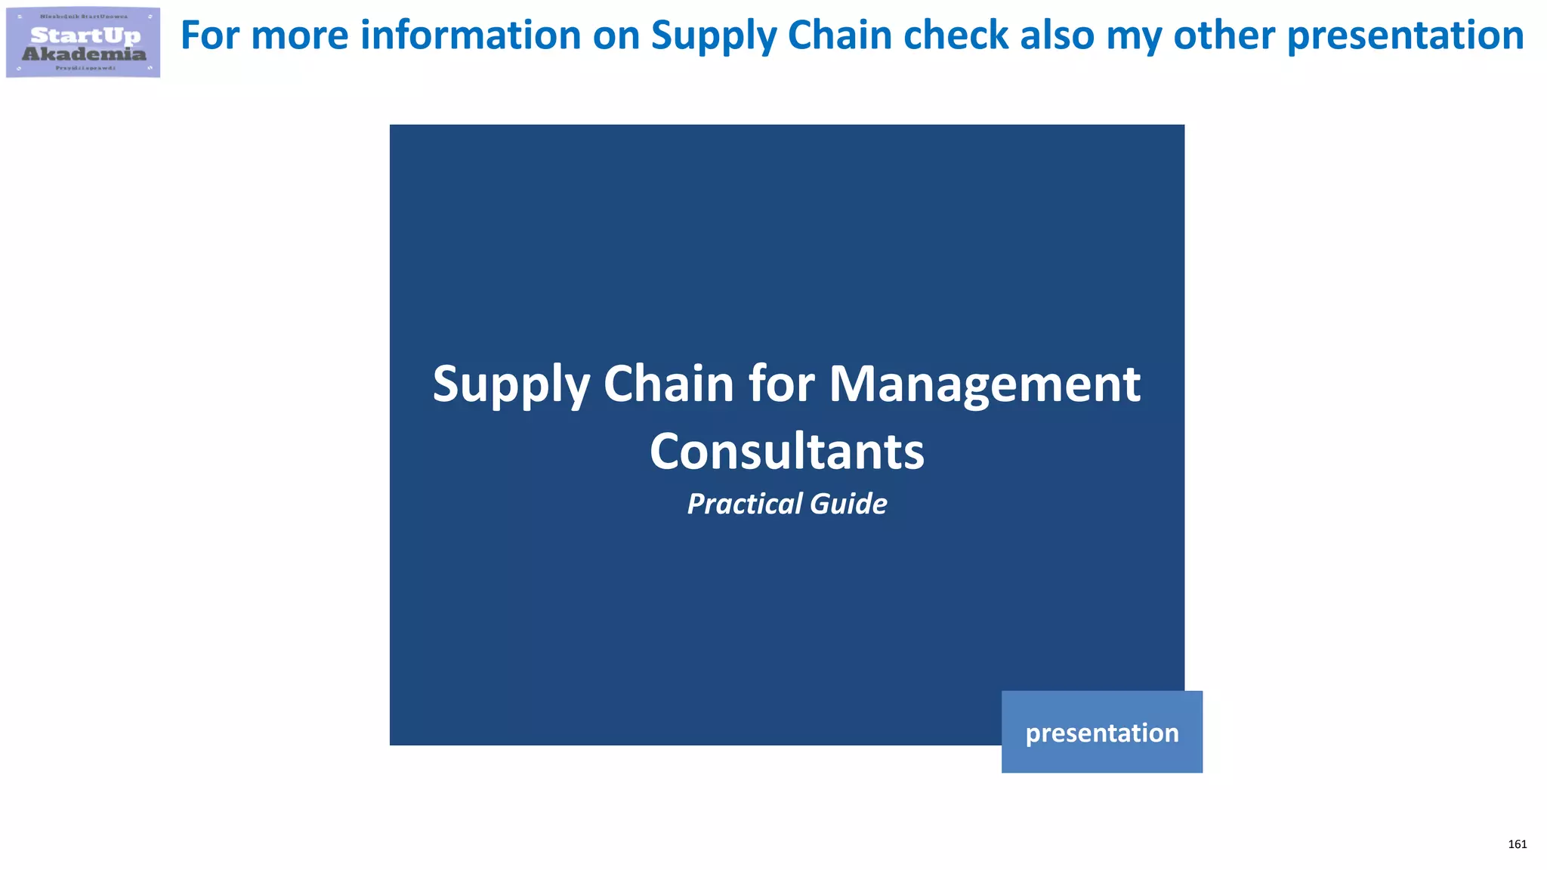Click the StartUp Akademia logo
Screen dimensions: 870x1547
(83, 42)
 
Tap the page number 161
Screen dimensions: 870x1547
(1517, 844)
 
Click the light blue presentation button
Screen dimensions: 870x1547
(1101, 732)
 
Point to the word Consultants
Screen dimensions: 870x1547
(786, 452)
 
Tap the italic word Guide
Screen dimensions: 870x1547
(849, 504)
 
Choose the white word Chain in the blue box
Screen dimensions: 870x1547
(669, 384)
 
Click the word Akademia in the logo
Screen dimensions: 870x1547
(84, 54)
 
